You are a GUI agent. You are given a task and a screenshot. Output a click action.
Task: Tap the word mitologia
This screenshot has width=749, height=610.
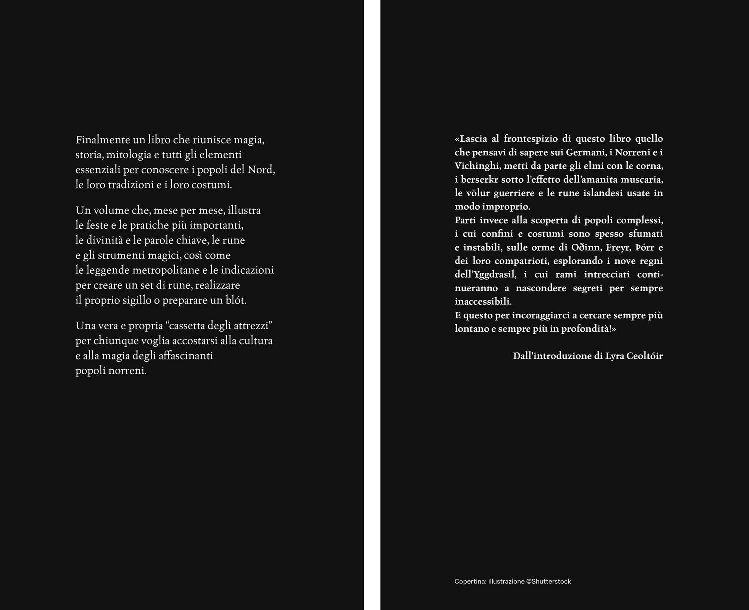[130, 155]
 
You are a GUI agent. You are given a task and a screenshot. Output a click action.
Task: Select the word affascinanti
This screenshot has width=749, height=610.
[185, 356]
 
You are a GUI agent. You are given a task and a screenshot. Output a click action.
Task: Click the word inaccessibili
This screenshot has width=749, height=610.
[483, 302]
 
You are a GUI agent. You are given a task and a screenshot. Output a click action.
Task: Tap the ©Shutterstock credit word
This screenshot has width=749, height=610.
[549, 581]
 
